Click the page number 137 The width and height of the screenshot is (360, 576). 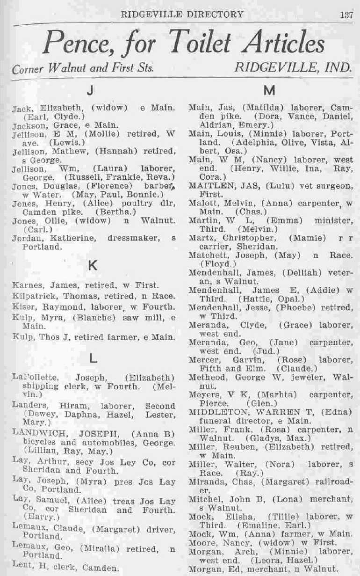point(346,14)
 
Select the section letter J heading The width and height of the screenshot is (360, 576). point(95,88)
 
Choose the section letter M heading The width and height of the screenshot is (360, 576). point(268,88)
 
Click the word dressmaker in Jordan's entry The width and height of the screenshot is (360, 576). point(132,238)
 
